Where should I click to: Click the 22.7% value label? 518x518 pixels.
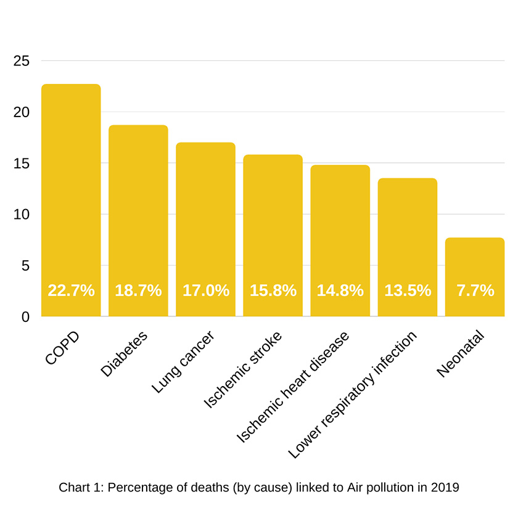pos(71,290)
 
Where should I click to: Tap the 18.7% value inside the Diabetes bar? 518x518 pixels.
pos(138,290)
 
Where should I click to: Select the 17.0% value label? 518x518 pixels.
pos(205,290)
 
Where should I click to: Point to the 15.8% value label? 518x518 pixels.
pos(273,290)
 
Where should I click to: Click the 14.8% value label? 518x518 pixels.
pos(340,290)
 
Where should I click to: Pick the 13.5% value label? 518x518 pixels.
pos(408,290)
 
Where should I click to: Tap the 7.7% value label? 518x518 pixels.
pos(475,290)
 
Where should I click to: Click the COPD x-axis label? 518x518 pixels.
pos(63,348)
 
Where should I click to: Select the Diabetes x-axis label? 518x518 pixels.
pos(125,354)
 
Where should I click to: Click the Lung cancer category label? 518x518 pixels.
pos(183,362)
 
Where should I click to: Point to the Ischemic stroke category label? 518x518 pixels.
pos(242,370)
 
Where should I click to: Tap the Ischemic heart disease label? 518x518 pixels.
pos(293,387)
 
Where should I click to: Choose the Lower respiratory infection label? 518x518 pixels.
pos(353,395)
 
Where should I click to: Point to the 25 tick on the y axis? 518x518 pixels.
pos(21,61)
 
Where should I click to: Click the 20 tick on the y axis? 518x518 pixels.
pos(21,112)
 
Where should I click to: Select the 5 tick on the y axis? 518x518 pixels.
pos(25,266)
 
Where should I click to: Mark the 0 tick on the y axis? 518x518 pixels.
pos(25,317)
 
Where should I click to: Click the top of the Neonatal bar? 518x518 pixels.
pos(475,239)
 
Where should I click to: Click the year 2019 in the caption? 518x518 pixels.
pos(445,487)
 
